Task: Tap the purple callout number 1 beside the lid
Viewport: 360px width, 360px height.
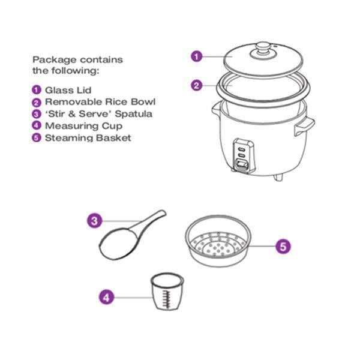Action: point(197,56)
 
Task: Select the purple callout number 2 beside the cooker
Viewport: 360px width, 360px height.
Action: point(197,85)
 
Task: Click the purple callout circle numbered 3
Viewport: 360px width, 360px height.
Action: point(94,221)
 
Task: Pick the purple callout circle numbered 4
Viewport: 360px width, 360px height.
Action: point(106,298)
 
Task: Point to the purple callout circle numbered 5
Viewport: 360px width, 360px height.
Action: point(283,247)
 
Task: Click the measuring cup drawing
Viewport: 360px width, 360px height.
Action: point(167,292)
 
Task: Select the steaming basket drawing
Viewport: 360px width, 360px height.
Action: point(218,241)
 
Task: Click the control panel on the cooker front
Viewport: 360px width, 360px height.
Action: point(244,155)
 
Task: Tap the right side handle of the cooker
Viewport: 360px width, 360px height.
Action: point(305,127)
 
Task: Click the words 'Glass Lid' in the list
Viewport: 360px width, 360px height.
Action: point(68,90)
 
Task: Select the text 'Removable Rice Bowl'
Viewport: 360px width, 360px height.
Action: point(100,102)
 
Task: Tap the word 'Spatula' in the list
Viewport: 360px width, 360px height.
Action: point(133,114)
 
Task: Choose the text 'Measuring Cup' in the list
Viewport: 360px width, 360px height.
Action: point(83,126)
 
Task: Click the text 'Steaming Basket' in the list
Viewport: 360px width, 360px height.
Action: point(88,138)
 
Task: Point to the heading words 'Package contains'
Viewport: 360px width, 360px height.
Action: point(77,59)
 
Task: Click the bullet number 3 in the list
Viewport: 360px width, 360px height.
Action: point(36,114)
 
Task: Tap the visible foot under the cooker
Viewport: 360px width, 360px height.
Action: point(278,178)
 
